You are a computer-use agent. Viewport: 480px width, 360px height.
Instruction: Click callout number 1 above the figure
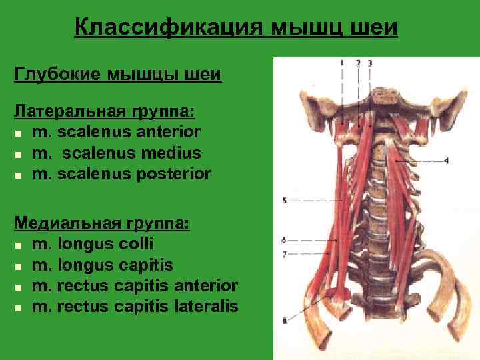341,63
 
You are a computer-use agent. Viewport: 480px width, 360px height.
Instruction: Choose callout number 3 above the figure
370,63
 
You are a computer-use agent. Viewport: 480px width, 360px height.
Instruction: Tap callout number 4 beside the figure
446,160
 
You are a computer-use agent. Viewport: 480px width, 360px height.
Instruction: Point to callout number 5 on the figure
284,200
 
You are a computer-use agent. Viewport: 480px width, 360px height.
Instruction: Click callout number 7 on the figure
284,254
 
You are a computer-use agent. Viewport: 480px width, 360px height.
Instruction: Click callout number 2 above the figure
358,63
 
